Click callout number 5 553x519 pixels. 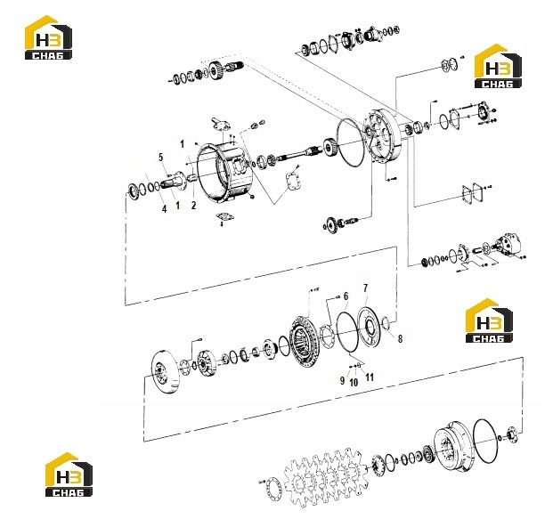tap(161, 158)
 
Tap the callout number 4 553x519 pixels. tap(164, 209)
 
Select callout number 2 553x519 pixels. tap(193, 206)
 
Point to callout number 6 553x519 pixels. tap(346, 296)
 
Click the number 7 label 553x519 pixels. tap(365, 288)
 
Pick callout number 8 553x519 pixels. tap(400, 339)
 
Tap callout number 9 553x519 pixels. tap(342, 381)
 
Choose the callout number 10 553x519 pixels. tap(354, 382)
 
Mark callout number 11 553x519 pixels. tap(370, 377)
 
